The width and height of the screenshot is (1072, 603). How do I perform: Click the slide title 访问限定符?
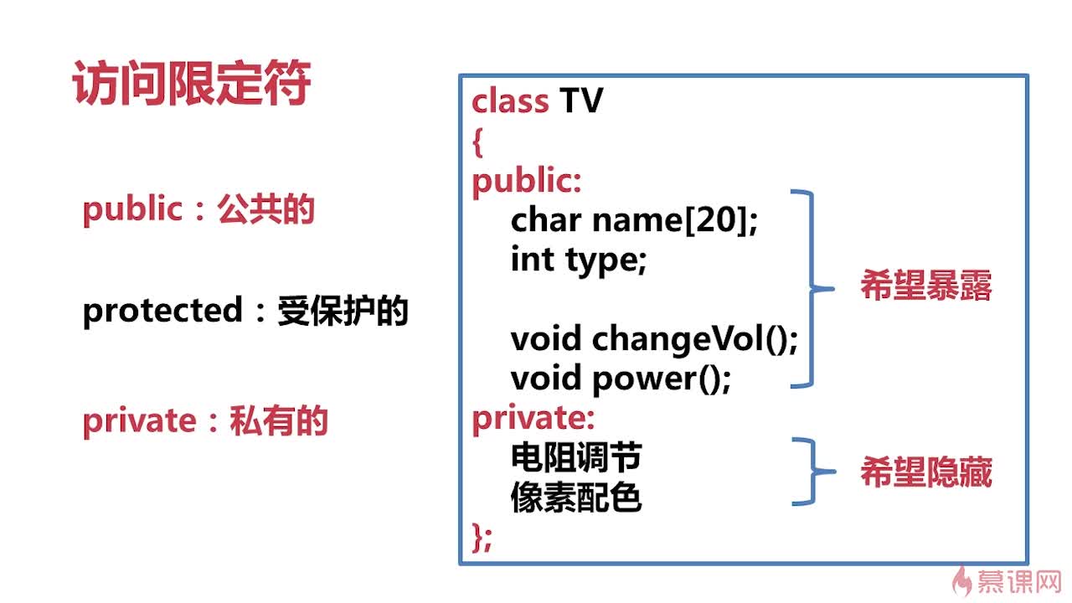pos(192,85)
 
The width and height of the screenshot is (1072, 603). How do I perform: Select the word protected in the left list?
pos(161,312)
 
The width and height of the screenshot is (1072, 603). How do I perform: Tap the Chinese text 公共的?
pos(265,209)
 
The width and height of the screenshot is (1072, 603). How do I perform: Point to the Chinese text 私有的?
pos(279,420)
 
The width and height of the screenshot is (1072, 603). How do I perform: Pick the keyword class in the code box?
pos(509,101)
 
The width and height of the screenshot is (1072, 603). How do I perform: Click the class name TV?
pos(581,101)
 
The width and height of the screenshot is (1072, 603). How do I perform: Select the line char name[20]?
pos(634,221)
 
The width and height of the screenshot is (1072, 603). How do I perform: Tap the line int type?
pos(579,260)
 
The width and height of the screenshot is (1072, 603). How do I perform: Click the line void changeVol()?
pos(654,339)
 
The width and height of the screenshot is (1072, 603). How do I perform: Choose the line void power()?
pos(621,379)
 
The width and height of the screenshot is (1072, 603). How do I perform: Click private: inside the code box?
pos(533,417)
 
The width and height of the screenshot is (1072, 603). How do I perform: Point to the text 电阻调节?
pos(576,457)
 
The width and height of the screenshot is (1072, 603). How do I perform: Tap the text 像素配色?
pos(576,497)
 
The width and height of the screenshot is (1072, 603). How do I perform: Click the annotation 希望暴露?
pos(925,287)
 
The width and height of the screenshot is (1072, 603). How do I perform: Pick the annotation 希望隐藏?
pos(925,473)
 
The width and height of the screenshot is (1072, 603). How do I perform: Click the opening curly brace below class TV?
pos(477,142)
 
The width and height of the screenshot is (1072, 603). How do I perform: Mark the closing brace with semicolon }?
pos(482,536)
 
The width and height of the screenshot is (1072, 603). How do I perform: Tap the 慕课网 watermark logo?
pos(1009,580)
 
